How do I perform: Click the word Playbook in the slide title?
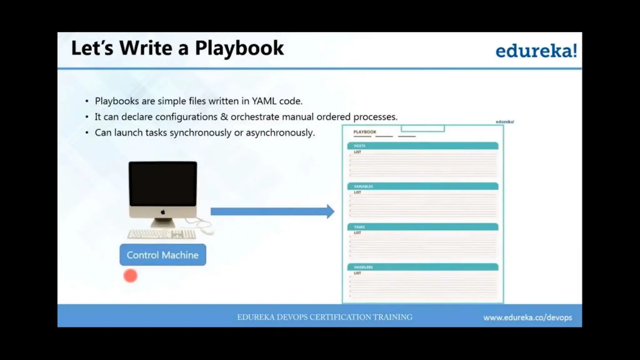239,48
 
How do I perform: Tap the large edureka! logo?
536,51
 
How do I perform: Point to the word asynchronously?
280,133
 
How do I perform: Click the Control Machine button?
162,255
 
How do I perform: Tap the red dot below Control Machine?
130,276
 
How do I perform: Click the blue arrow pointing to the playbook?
272,212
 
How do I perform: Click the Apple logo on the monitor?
163,212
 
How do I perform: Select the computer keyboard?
162,234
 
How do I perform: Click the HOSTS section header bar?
422,146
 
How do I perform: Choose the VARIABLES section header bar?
422,186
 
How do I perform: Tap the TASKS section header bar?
422,227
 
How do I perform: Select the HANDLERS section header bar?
422,267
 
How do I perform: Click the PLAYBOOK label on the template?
365,132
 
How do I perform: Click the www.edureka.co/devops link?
527,317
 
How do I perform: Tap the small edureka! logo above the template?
505,122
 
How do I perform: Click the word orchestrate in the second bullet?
255,117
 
